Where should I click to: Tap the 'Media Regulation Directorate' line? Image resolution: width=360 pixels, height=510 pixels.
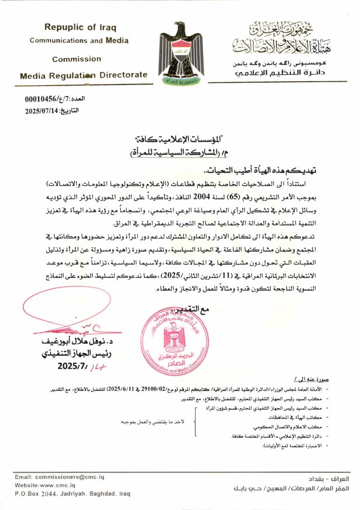click(x=84, y=76)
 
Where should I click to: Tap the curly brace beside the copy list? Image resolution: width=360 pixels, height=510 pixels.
click(x=195, y=421)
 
